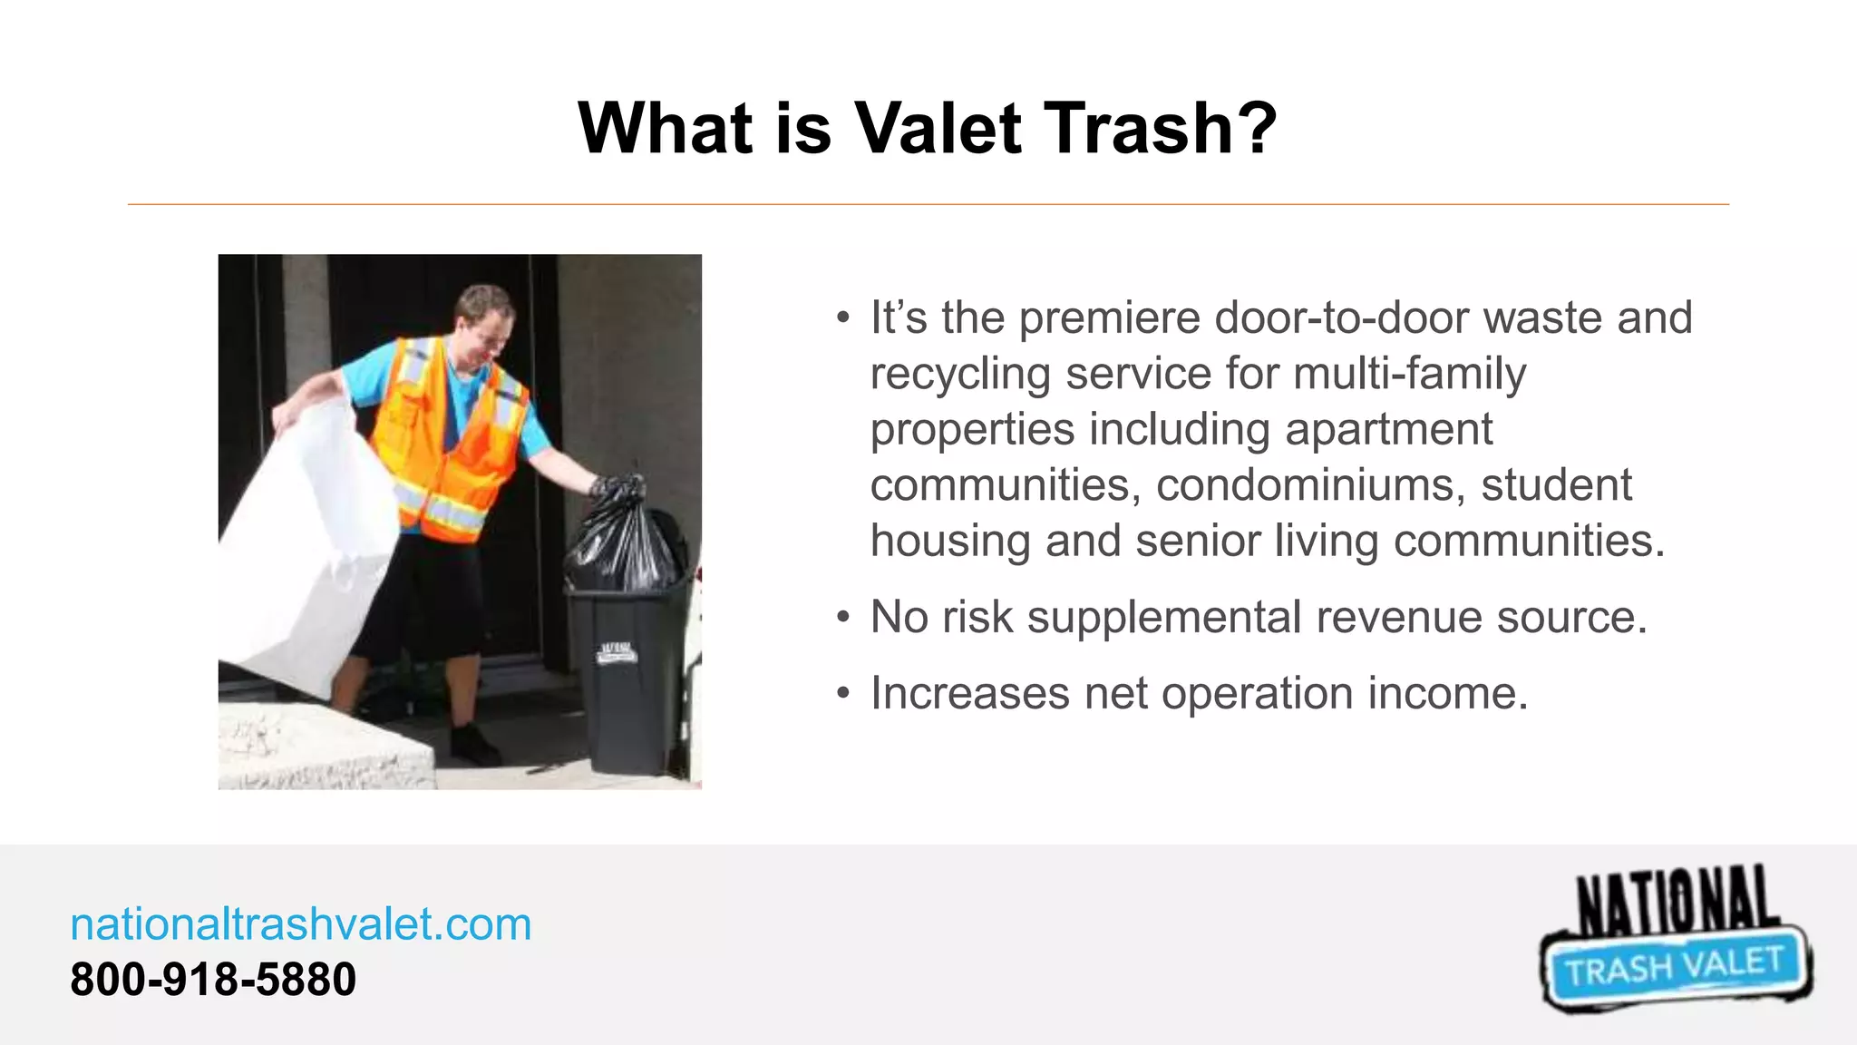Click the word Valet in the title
click(938, 128)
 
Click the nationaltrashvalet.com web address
click(301, 924)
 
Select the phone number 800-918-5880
click(213, 980)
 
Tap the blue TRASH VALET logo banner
click(1675, 967)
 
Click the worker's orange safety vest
click(444, 435)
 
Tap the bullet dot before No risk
click(843, 619)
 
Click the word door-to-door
click(1341, 318)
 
